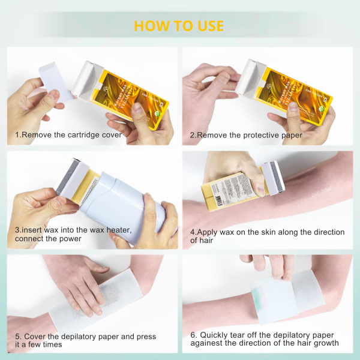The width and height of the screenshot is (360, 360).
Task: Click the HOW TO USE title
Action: pos(179,26)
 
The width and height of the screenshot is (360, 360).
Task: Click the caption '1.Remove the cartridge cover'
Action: pos(68,135)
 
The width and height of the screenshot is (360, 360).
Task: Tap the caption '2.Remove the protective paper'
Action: pos(246,135)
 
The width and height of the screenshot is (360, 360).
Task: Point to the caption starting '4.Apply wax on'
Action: pos(267,236)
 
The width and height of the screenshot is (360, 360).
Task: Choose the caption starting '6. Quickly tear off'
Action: pos(264,339)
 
